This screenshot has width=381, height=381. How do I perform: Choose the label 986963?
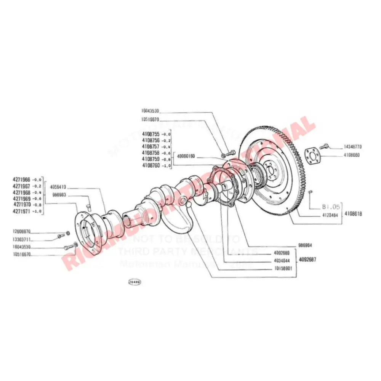click(59, 195)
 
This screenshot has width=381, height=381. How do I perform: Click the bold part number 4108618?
click(353, 214)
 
